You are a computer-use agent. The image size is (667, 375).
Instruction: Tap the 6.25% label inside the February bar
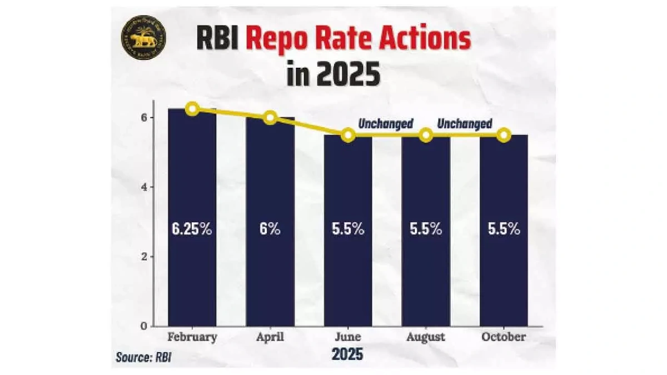pos(192,229)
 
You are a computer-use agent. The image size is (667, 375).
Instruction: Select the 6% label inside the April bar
pos(270,229)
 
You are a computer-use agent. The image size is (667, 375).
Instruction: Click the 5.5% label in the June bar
pos(348,229)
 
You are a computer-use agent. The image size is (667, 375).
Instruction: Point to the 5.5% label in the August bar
pos(426,229)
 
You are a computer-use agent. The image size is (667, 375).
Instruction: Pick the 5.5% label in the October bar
pos(504,229)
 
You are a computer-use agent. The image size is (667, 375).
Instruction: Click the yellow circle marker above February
pos(192,109)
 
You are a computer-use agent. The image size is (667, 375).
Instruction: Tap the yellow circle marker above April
pos(270,117)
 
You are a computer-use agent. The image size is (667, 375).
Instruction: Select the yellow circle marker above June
pos(348,135)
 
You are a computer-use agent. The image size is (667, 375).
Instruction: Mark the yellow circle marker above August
pos(426,135)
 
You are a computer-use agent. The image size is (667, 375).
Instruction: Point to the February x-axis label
pos(192,337)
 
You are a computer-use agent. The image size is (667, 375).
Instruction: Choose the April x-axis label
pos(270,337)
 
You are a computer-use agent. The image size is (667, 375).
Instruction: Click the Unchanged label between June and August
pos(386,123)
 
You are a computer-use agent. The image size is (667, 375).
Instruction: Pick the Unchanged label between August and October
pos(465,123)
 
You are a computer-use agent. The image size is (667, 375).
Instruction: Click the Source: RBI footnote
pos(143,356)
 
